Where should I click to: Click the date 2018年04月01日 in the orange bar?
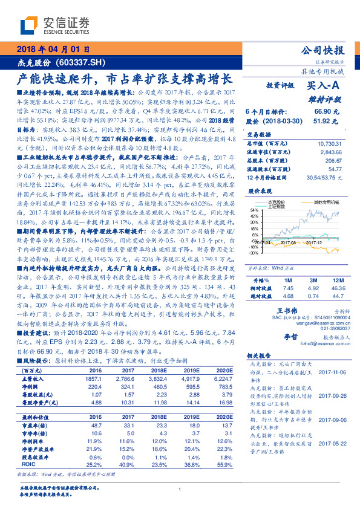click(54, 50)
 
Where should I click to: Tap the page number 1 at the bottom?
click(180, 490)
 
